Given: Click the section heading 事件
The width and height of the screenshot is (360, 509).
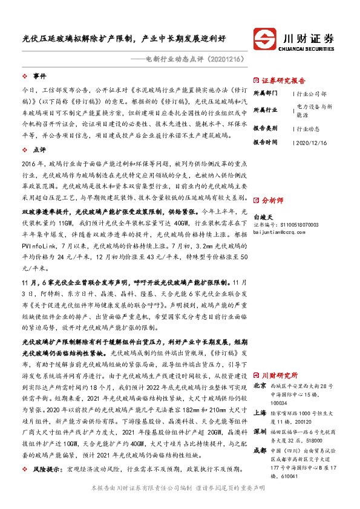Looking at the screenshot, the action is point(39,76).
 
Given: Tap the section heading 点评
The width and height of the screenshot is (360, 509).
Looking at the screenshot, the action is point(39,148).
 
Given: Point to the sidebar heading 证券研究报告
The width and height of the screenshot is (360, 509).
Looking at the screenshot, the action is point(284,80).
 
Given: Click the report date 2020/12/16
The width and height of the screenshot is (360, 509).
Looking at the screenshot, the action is point(311,142).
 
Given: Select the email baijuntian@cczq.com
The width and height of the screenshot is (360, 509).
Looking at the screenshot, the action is point(283,232).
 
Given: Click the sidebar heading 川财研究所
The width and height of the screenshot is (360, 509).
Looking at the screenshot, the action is point(278,375).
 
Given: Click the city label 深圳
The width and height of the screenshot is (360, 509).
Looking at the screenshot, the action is point(260,432).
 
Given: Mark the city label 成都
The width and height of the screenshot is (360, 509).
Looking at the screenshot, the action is point(260,450).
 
